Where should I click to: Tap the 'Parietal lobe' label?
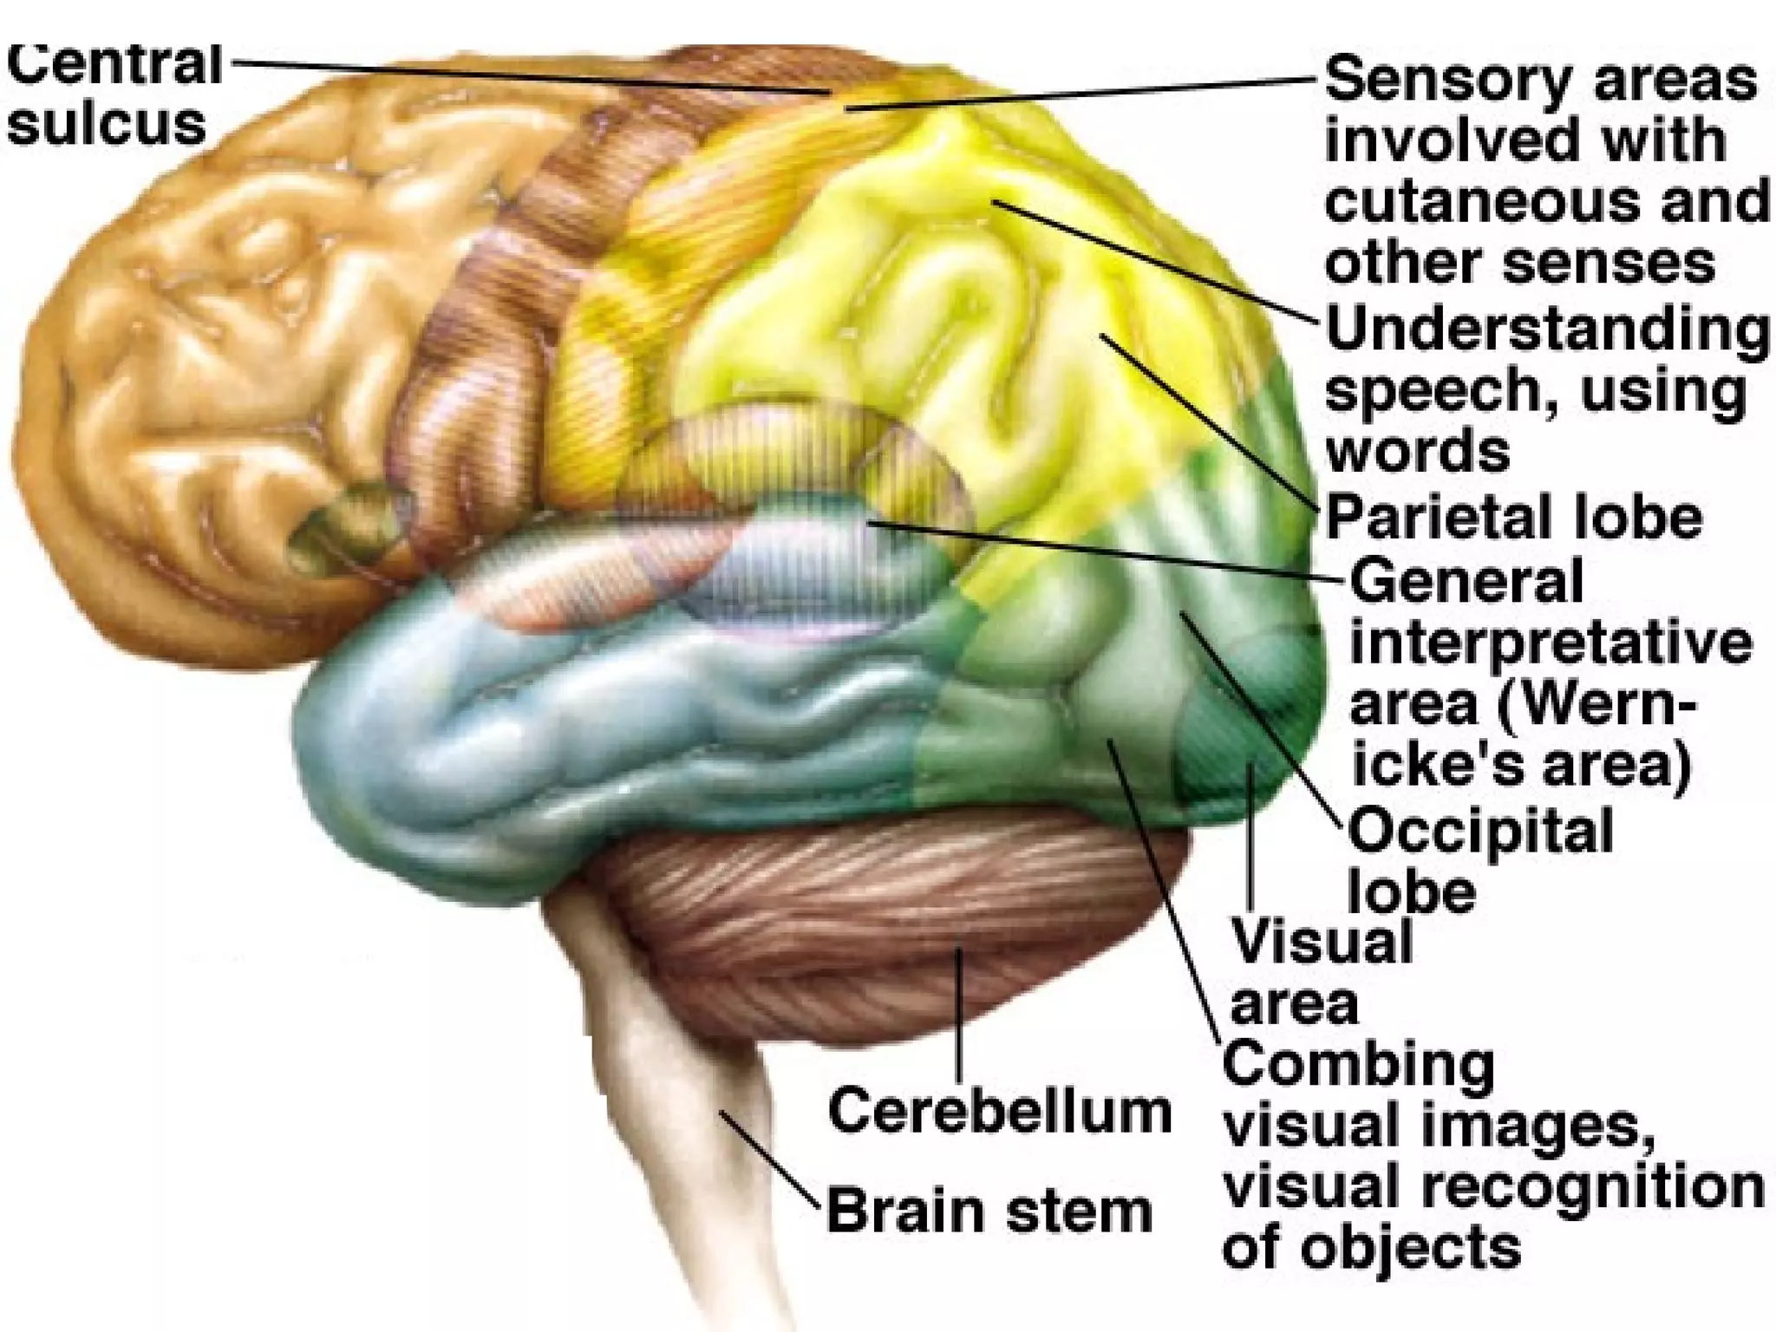pyautogui.click(x=1513, y=518)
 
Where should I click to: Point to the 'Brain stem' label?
pyautogui.click(x=989, y=1211)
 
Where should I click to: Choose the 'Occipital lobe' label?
pyautogui.click(x=1479, y=859)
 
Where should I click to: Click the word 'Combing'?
pyautogui.click(x=1358, y=1066)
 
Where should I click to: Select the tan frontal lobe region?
pyautogui.click(x=217, y=347)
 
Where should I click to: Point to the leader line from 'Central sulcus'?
pyautogui.click(x=520, y=75)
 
